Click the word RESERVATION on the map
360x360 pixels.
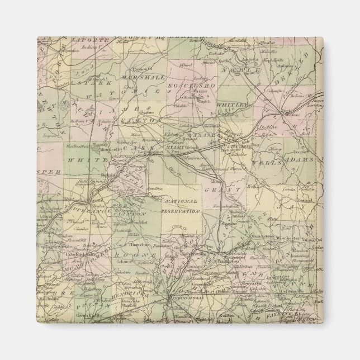(x=181, y=212)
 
